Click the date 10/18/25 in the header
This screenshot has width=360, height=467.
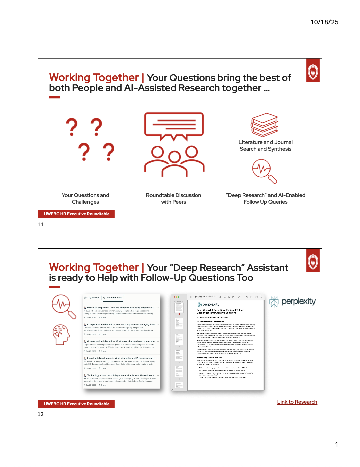click(x=324, y=22)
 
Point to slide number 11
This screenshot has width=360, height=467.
click(x=41, y=225)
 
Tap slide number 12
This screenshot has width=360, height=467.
click(x=41, y=414)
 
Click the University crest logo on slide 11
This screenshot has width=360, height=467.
click(x=313, y=71)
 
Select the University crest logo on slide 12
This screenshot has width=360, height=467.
click(x=313, y=261)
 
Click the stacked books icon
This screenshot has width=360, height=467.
click(x=265, y=125)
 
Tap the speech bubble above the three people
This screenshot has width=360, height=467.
click(x=174, y=125)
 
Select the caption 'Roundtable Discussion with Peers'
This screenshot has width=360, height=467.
click(x=174, y=198)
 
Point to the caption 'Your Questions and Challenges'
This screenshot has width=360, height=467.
click(x=85, y=198)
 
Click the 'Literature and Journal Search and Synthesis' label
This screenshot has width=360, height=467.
click(x=265, y=146)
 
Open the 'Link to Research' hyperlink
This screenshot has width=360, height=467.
click(x=297, y=402)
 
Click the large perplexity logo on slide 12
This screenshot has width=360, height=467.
click(x=293, y=302)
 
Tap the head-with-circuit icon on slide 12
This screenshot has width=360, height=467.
click(x=61, y=334)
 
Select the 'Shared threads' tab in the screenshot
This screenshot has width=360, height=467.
click(x=113, y=298)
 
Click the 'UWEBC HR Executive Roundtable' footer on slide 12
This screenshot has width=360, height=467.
click(x=76, y=404)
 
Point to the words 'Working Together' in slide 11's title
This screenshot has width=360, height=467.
click(x=94, y=78)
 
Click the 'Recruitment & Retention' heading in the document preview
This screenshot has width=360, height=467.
click(x=220, y=311)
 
